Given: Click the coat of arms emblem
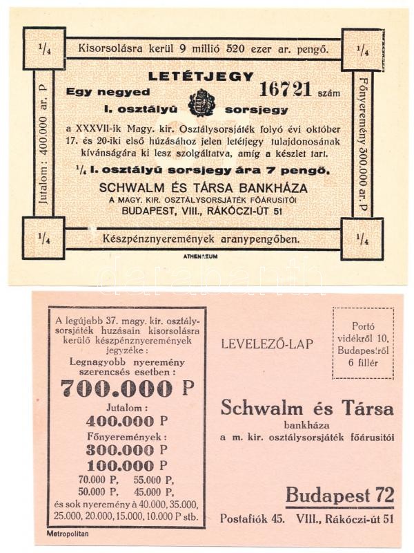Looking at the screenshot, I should (x=201, y=102).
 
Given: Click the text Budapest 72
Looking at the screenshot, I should (x=340, y=496).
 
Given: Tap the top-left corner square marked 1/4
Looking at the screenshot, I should (x=44, y=48).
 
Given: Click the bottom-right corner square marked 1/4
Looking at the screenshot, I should (x=362, y=238).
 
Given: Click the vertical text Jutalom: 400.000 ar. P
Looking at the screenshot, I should (x=44, y=143).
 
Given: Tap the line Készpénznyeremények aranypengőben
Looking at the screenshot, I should (x=200, y=239).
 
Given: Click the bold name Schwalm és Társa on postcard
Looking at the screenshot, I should (x=307, y=408).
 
